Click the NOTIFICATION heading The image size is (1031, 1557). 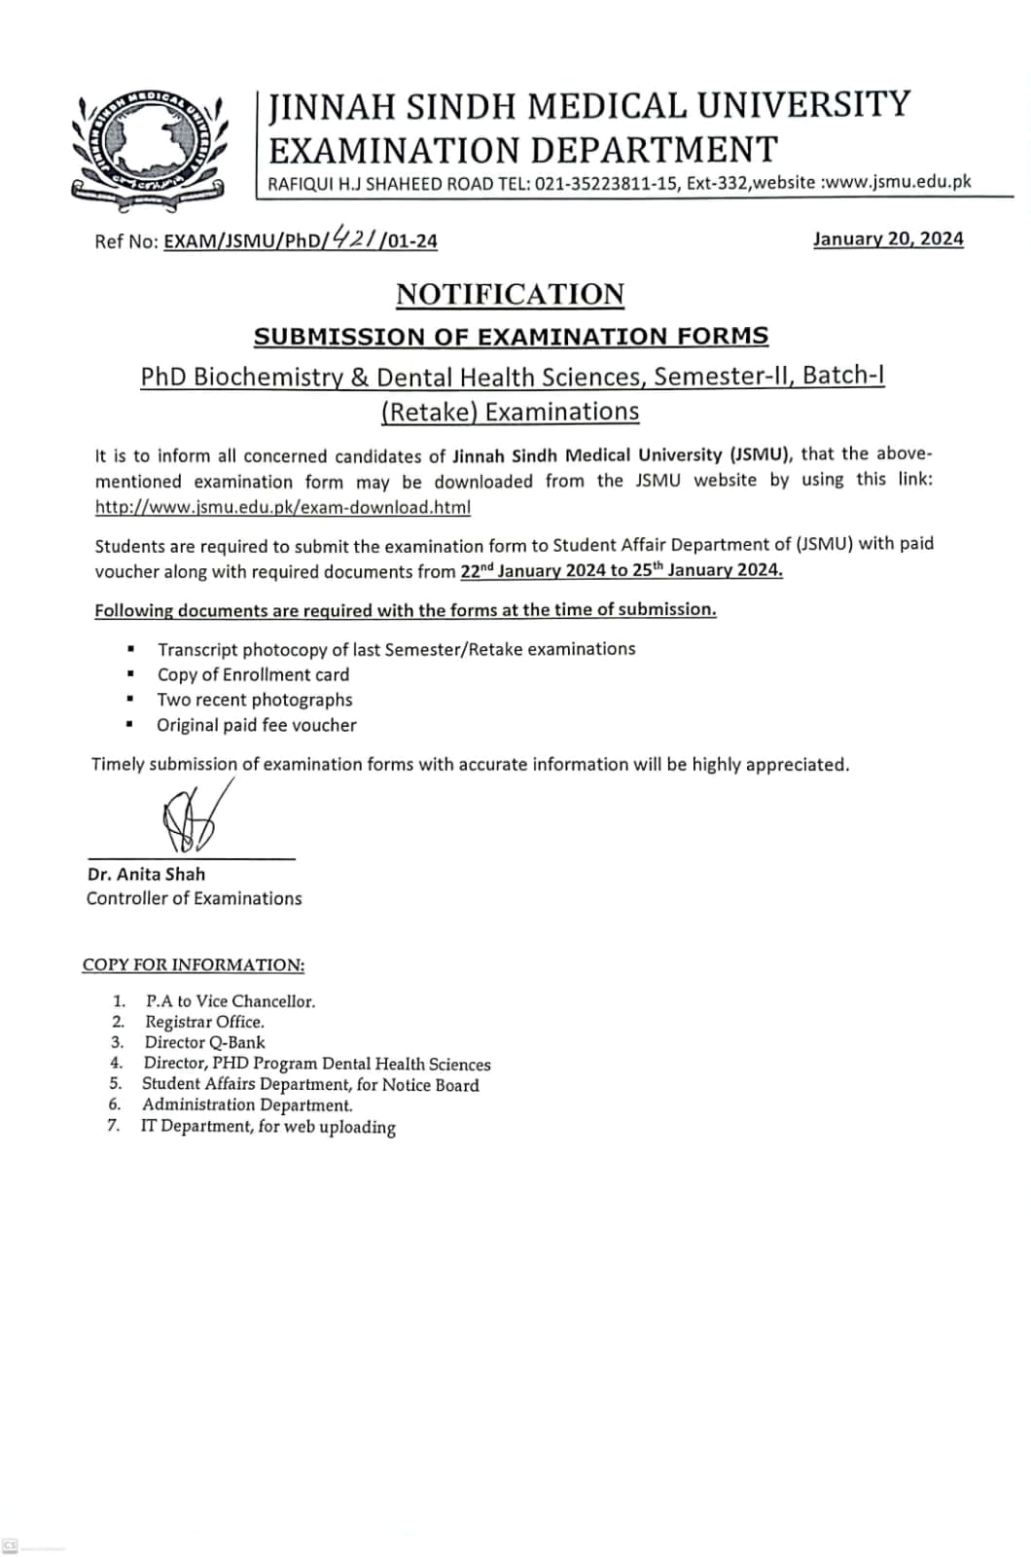click(510, 294)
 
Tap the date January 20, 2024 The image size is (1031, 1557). click(888, 238)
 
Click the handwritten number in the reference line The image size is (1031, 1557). click(356, 236)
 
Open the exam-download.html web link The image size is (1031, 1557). click(283, 507)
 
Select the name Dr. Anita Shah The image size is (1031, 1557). click(146, 874)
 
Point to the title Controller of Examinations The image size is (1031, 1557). click(194, 898)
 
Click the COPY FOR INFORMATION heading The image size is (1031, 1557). click(194, 964)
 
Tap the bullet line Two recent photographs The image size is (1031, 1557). click(255, 700)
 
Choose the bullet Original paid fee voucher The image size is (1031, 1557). click(257, 725)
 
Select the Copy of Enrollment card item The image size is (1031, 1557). click(253, 674)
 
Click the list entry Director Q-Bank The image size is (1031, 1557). click(204, 1042)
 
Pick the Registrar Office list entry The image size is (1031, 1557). click(204, 1022)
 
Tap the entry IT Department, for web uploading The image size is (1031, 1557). click(267, 1127)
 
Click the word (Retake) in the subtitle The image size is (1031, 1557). click(429, 412)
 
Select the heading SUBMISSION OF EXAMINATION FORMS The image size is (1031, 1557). click(511, 337)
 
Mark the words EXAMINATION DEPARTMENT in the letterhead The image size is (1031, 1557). click(523, 150)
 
